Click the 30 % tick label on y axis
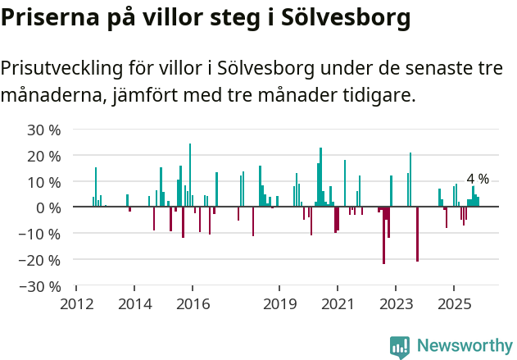44,130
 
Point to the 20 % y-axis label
44,156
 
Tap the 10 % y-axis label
44,182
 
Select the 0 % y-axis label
48,208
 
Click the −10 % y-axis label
41,235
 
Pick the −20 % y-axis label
41,261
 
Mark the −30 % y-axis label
41,287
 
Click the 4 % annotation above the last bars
478,179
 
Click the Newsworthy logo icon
400,347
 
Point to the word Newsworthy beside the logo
465,346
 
